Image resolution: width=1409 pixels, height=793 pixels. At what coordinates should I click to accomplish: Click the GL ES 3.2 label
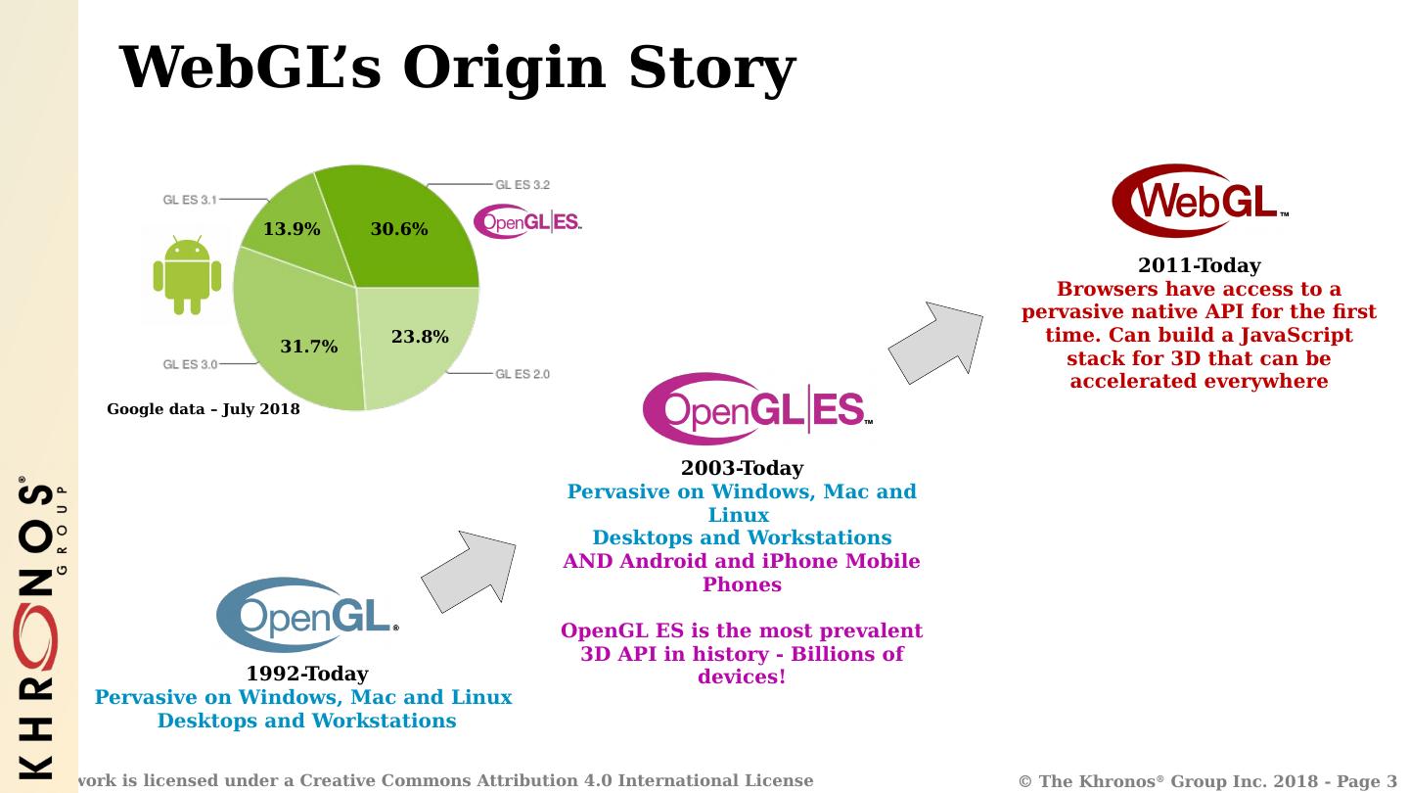tap(523, 185)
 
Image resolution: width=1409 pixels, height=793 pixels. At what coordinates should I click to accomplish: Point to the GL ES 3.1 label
tap(190, 200)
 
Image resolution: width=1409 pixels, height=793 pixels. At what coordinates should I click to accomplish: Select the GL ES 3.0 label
tap(190, 364)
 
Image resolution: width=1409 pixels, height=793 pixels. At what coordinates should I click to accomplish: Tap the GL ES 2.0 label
tap(523, 374)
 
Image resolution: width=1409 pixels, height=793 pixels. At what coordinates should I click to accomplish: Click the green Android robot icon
tap(187, 275)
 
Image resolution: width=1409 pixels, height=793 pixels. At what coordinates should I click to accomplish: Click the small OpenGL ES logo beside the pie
tap(527, 221)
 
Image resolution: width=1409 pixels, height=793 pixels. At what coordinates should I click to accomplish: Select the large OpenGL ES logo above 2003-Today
tap(757, 409)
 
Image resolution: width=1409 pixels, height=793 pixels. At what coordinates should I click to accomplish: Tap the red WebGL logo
tap(1200, 201)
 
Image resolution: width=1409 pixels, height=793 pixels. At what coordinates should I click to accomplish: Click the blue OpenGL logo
tap(307, 615)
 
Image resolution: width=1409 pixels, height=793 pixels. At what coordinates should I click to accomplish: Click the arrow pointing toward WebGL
tap(936, 344)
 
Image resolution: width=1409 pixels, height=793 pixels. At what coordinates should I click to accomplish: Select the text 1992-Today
tap(307, 674)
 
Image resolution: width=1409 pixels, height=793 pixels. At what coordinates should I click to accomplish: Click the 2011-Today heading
tap(1199, 265)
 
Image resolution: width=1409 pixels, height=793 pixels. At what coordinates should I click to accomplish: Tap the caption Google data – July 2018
tap(204, 409)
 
